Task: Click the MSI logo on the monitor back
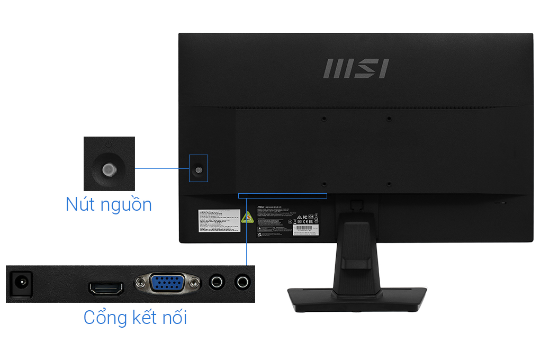click(355, 69)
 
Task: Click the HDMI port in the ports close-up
click(106, 289)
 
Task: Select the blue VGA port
click(167, 284)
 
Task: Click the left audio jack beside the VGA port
click(216, 282)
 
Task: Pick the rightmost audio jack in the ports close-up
click(242, 282)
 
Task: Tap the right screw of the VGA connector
click(194, 284)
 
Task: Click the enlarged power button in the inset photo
click(108, 169)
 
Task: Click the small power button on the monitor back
click(199, 170)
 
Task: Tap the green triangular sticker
click(247, 218)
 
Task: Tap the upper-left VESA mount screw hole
click(325, 119)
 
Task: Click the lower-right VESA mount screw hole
click(389, 184)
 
